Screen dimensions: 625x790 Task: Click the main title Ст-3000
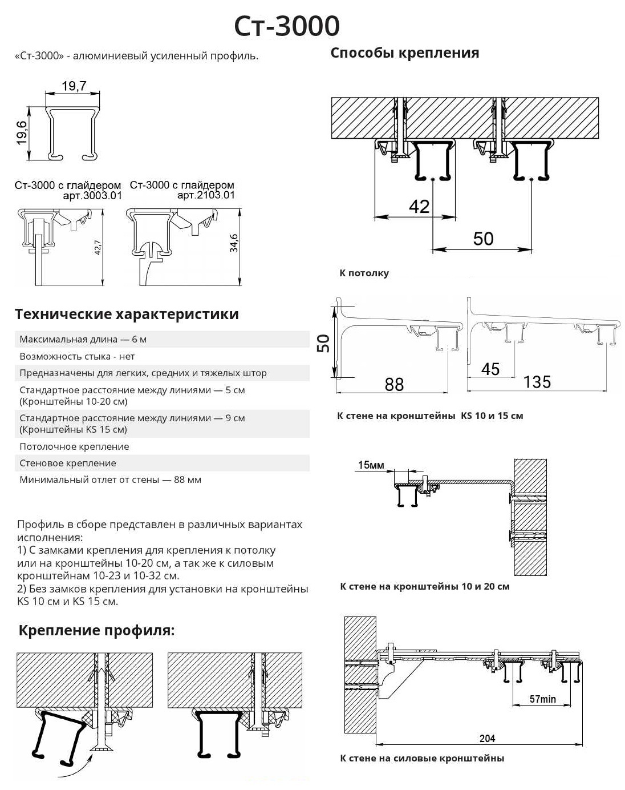[x=287, y=26]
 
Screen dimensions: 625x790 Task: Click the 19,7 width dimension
[x=74, y=86]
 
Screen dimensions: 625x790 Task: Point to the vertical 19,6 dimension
[x=22, y=133]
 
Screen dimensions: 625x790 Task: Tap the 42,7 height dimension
[x=98, y=247]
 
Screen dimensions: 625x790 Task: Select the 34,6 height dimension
[x=234, y=243]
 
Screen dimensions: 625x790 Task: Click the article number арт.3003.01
[x=92, y=196]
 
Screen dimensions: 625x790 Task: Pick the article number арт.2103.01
[x=206, y=195]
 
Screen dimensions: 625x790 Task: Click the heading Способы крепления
[x=404, y=53]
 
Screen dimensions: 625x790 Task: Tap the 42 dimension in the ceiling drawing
[x=419, y=207]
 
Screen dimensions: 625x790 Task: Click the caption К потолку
[x=364, y=273]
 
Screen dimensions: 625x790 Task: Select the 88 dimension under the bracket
[x=394, y=384]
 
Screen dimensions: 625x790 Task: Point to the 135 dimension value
[x=537, y=382]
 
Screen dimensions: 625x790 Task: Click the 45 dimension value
[x=490, y=369]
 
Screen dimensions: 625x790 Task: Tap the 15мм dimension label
[x=371, y=465]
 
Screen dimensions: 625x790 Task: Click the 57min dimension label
[x=542, y=699]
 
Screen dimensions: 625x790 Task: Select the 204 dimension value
[x=487, y=738]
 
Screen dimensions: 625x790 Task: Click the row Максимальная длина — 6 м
[x=83, y=339]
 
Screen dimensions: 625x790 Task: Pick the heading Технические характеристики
[x=127, y=315]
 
